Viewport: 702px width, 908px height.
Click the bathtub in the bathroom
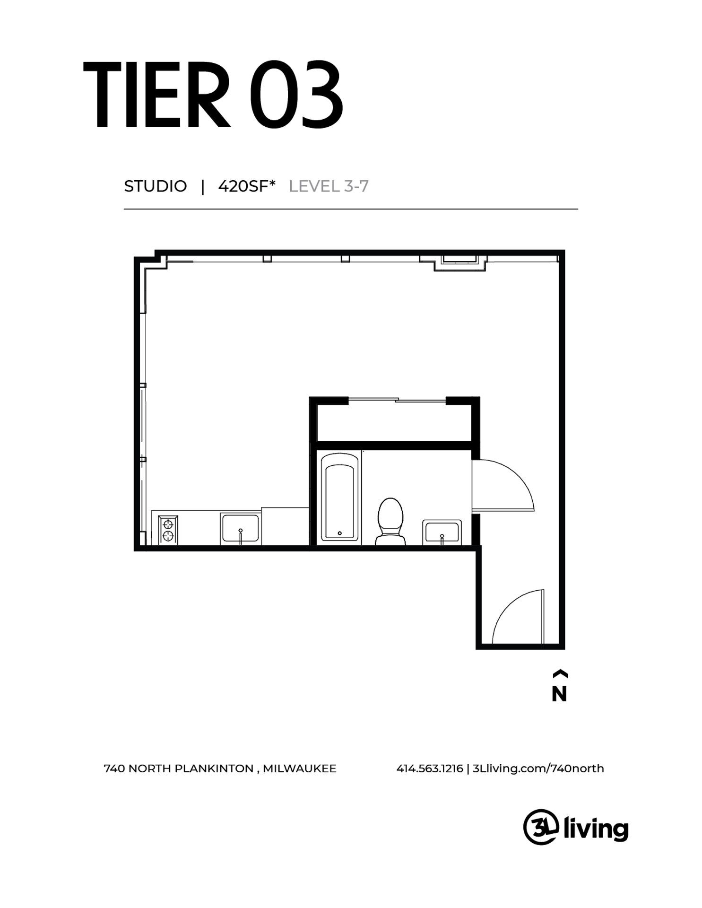click(x=339, y=497)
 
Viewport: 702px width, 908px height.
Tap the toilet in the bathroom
click(x=390, y=521)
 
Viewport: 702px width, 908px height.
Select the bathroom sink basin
click(x=442, y=532)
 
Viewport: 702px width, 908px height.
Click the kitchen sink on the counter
click(x=240, y=528)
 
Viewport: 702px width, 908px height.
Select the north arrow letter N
click(x=559, y=694)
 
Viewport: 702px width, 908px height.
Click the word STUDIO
click(x=155, y=186)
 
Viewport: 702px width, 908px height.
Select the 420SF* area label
click(x=246, y=186)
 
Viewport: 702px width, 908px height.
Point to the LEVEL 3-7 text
click(x=329, y=186)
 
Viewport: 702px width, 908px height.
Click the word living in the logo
click(x=597, y=829)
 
